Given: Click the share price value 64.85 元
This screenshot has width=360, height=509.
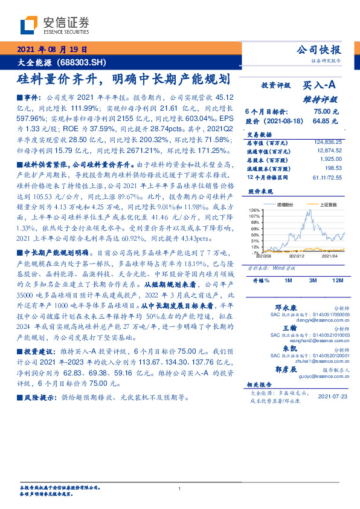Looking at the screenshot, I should (x=326, y=121).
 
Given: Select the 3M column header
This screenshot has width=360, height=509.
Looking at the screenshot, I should (x=312, y=281).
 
